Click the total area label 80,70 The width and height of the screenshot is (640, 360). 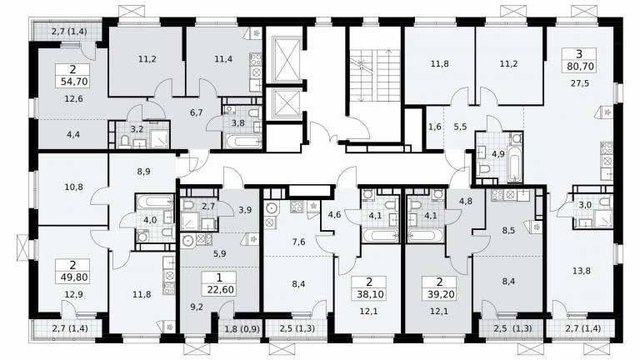click(x=579, y=66)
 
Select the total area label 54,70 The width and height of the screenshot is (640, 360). click(x=74, y=82)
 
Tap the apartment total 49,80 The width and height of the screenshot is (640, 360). click(x=73, y=277)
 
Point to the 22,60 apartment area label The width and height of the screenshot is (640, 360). click(x=220, y=290)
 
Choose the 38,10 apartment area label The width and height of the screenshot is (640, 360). click(x=370, y=294)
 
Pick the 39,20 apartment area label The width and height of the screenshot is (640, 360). click(x=440, y=294)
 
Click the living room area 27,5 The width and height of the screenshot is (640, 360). click(x=580, y=83)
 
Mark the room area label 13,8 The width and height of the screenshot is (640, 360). click(x=581, y=271)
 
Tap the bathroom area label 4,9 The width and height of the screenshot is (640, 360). click(x=498, y=154)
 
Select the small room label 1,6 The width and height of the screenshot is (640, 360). click(x=435, y=127)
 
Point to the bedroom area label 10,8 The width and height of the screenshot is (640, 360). click(x=73, y=187)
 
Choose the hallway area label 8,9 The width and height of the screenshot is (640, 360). click(x=143, y=172)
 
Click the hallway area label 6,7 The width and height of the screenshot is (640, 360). click(x=197, y=112)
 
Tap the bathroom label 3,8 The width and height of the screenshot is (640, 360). click(x=237, y=122)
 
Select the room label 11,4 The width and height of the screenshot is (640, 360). click(x=223, y=59)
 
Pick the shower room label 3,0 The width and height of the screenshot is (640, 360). click(x=585, y=205)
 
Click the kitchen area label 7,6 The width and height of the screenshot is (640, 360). click(x=299, y=242)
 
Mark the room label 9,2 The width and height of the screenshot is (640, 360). click(x=197, y=307)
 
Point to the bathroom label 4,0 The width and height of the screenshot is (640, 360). click(x=150, y=220)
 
